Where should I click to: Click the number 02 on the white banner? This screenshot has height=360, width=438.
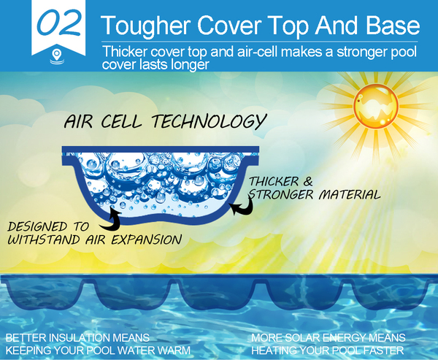(59, 23)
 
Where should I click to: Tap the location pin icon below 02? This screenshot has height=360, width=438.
(57, 55)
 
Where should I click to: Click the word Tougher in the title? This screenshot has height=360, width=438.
(145, 26)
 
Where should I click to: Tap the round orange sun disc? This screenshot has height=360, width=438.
(376, 107)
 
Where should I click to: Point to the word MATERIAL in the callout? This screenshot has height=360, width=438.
(350, 194)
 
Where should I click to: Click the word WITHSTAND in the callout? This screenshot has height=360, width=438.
(44, 240)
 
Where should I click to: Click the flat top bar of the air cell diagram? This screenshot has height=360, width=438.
(161, 150)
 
